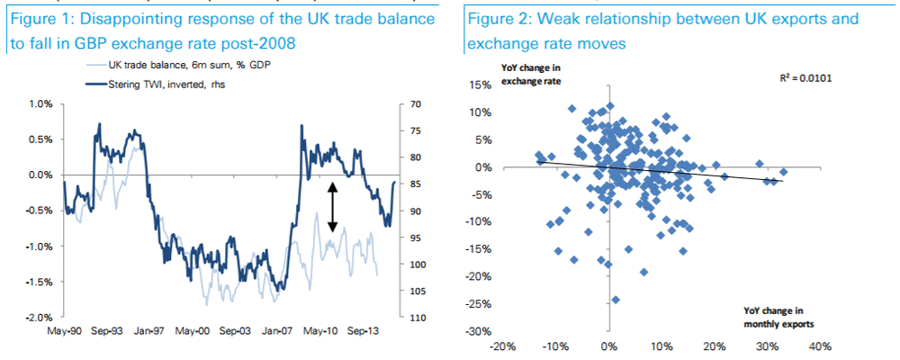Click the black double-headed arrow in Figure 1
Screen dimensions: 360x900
(332, 206)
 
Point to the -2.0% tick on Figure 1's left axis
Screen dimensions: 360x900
(38, 318)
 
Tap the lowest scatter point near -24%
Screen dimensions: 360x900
(616, 300)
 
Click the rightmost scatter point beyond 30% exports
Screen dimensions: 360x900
(784, 171)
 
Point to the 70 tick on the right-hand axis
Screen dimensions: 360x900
(415, 103)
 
